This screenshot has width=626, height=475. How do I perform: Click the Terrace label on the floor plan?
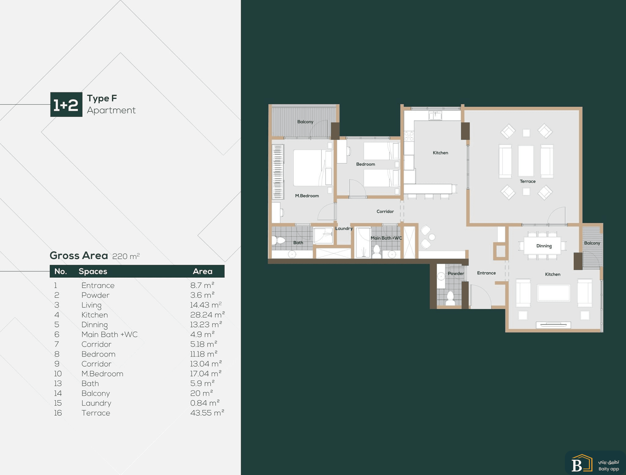coord(528,181)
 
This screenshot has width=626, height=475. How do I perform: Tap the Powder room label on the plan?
coord(456,273)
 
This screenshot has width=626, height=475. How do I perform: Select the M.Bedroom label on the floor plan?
coord(307,196)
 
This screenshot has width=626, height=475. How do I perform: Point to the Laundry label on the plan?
coord(344,229)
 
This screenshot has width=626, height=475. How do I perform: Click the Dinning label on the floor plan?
coord(544,246)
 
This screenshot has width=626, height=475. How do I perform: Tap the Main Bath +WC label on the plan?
coord(386,238)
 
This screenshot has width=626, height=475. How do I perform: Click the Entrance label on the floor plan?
coord(486,273)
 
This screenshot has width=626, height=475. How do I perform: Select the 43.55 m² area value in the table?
coord(207,413)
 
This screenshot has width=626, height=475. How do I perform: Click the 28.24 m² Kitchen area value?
coord(208,315)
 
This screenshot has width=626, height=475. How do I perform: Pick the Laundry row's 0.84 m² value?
coord(205,403)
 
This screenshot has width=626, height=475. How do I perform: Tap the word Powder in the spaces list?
coord(95,295)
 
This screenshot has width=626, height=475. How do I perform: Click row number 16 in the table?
coord(58,413)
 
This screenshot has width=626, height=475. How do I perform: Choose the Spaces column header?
coord(93,271)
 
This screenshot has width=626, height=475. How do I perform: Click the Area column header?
coord(203,271)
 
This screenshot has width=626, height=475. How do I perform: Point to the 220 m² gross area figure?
coord(126,256)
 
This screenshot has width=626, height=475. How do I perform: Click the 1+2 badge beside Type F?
coord(66,104)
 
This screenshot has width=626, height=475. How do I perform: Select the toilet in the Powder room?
coord(450,298)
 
